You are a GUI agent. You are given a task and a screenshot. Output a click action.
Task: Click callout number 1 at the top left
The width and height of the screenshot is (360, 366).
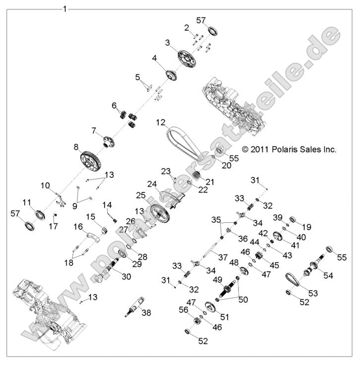[x=65, y=9]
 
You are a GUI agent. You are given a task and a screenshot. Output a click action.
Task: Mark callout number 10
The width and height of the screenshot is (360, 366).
[x=45, y=185]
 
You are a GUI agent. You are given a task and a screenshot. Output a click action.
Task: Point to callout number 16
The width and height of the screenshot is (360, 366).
[x=78, y=226]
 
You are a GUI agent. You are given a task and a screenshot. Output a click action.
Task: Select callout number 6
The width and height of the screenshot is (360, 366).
[x=114, y=105]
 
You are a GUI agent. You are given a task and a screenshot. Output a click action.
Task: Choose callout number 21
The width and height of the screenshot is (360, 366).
[x=210, y=182]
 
